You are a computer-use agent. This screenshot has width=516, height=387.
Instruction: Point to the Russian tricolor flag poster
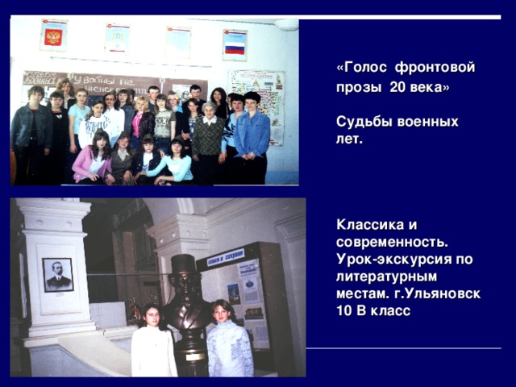(x=235, y=45)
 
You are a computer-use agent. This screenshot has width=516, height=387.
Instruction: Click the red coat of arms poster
(x=53, y=36)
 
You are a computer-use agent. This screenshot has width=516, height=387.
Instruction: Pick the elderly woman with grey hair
(x=208, y=133)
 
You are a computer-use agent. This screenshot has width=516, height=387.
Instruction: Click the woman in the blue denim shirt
(x=252, y=133)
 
